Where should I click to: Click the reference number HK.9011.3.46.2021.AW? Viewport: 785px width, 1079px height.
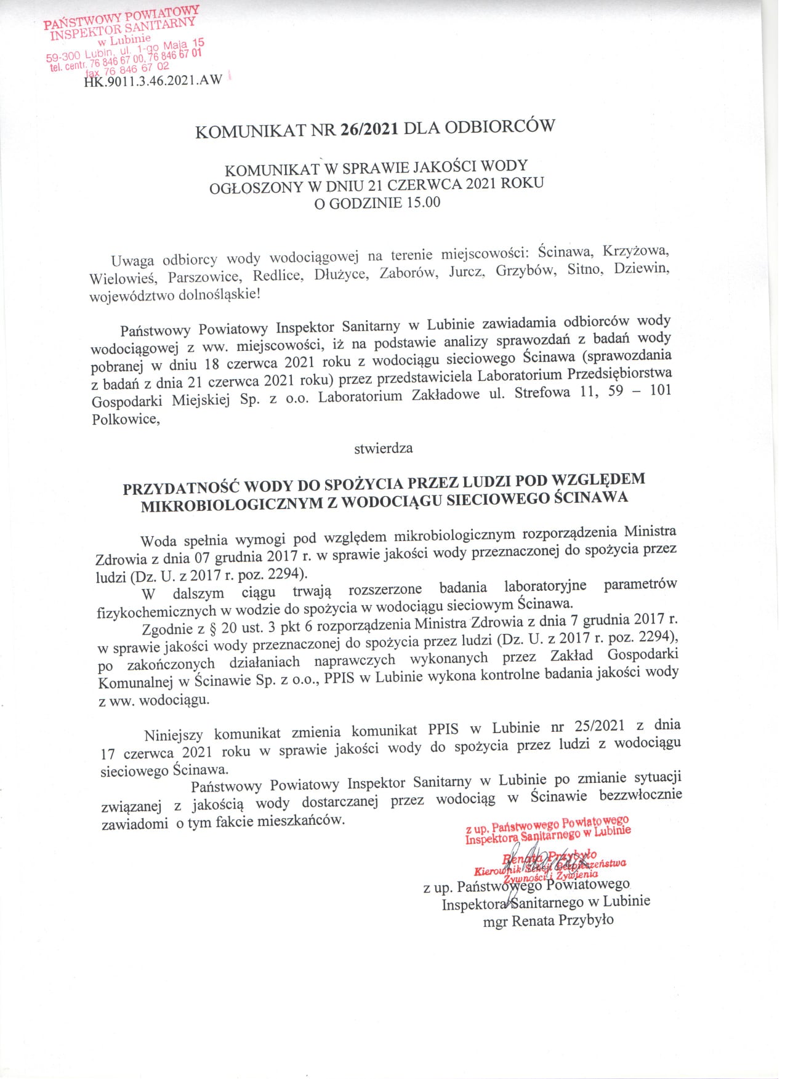pyautogui.click(x=152, y=81)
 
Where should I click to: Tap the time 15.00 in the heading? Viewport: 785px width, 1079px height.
pyautogui.click(x=422, y=202)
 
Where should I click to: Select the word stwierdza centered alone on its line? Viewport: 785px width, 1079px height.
pyautogui.click(x=383, y=448)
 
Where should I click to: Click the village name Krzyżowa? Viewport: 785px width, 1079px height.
pyautogui.click(x=635, y=251)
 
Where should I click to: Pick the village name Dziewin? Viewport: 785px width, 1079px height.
pyautogui.click(x=641, y=269)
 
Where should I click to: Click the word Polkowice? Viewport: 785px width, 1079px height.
pyautogui.click(x=126, y=420)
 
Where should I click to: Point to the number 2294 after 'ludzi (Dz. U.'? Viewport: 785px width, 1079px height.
pyautogui.click(x=287, y=574)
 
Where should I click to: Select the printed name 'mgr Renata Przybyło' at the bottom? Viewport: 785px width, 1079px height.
pyautogui.click(x=548, y=921)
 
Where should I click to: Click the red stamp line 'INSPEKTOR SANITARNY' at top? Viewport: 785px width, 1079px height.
pyautogui.click(x=123, y=28)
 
